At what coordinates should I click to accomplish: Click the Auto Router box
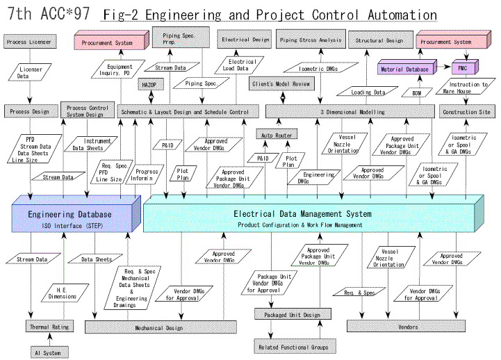pyautogui.click(x=277, y=134)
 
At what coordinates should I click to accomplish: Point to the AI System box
pyautogui.click(x=47, y=352)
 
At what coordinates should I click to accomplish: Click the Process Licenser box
pyautogui.click(x=26, y=42)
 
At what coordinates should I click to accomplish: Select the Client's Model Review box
pyautogui.click(x=281, y=83)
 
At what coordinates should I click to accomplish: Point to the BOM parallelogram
pyautogui.click(x=416, y=92)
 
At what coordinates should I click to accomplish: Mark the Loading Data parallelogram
pyautogui.click(x=369, y=92)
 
